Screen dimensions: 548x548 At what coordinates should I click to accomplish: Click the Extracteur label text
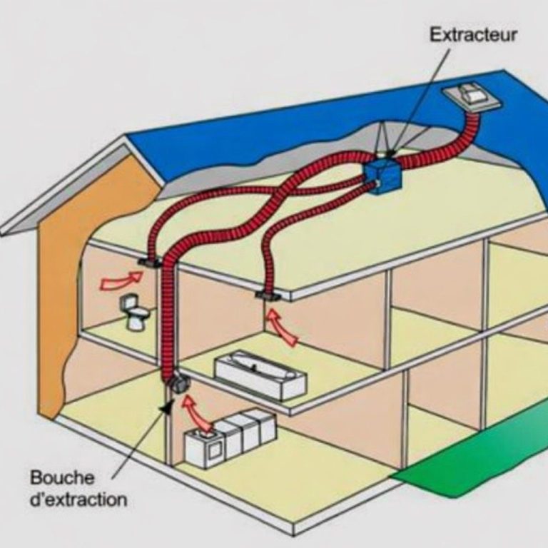click(474, 34)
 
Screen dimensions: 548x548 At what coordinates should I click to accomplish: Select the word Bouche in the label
click(61, 477)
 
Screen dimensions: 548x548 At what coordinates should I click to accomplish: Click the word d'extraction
click(78, 499)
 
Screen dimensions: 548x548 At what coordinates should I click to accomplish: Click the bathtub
click(260, 374)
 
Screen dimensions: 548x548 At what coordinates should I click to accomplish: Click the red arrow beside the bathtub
click(283, 328)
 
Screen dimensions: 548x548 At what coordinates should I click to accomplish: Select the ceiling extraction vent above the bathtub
click(267, 295)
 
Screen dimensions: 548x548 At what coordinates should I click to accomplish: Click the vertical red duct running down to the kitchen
click(169, 314)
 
